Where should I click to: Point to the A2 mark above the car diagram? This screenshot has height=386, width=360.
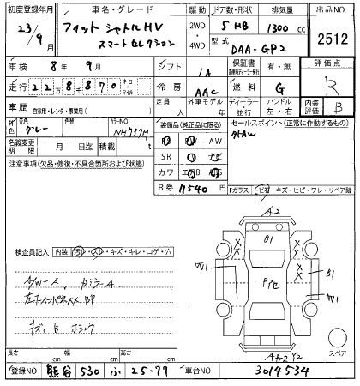[x=274, y=209]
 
